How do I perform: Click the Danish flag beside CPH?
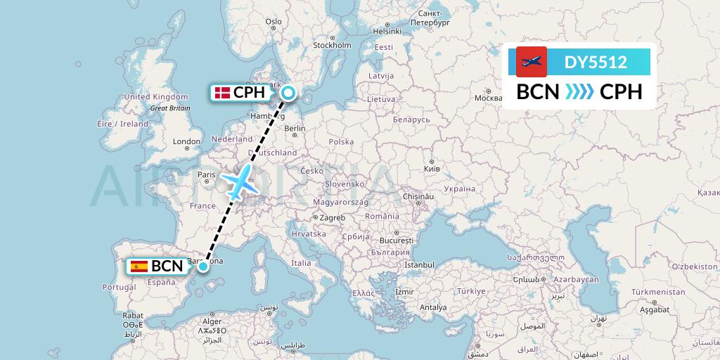(x=222, y=93)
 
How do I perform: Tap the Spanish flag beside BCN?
(x=139, y=266)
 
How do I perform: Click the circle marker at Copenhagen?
(x=288, y=92)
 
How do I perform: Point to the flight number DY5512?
(x=596, y=63)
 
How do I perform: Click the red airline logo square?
(x=532, y=62)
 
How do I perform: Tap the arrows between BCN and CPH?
(x=579, y=92)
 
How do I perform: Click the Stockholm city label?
(x=333, y=46)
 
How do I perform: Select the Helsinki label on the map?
(x=387, y=31)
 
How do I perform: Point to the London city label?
(x=187, y=141)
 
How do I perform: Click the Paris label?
(x=206, y=174)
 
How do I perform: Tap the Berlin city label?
(x=295, y=129)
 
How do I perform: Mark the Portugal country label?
(x=118, y=287)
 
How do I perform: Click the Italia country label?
(x=301, y=263)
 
